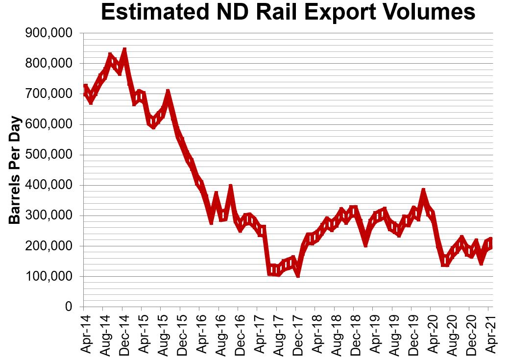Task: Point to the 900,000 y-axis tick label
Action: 48,33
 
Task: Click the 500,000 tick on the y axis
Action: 48,155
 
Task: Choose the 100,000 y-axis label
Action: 48,277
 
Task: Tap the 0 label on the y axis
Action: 69,307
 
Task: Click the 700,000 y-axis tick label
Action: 48,94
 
